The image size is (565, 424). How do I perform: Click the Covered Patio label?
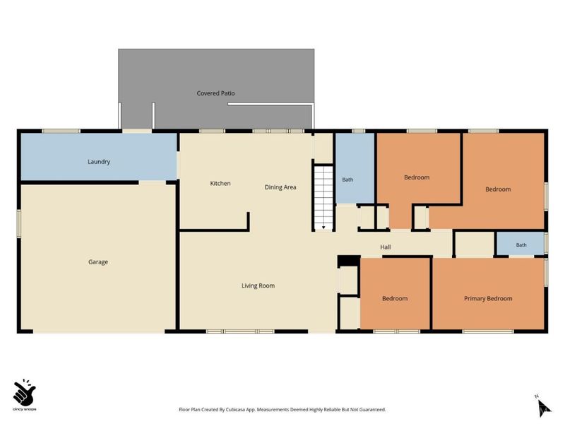pos(215,93)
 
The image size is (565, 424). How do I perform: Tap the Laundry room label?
pos(99,162)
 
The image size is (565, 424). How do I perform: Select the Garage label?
pos(98,262)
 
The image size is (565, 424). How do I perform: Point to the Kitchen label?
pos(220,184)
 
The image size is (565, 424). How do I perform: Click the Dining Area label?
pos(280,187)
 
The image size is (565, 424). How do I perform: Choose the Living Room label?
pos(258,286)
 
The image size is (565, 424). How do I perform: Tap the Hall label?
pos(385,247)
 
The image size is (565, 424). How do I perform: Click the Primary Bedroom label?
pos(488,298)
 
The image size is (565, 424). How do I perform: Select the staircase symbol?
pos(323,198)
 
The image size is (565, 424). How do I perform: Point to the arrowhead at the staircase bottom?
pos(323,228)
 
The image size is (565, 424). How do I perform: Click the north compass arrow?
pos(543,408)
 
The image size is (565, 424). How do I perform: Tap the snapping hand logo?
pos(24,392)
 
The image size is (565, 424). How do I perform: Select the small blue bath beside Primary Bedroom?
pos(521,244)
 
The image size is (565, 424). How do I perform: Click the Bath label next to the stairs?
pos(347,179)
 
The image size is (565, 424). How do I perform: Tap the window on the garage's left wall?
pos(19,223)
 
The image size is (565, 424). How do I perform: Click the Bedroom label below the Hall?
pos(395,298)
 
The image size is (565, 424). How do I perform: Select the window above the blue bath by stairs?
pos(359,131)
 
